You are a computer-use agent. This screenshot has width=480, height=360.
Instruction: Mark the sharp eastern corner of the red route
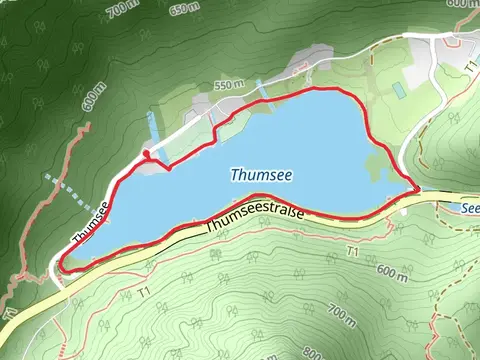click(x=416, y=187)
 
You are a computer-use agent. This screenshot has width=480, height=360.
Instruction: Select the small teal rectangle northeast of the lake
click(x=398, y=89)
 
